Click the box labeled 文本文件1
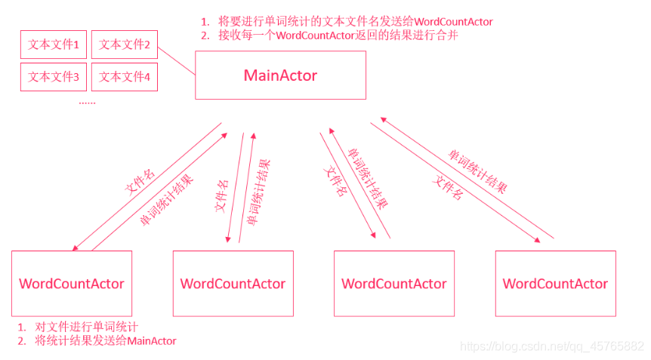pos(54,45)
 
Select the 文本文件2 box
pos(125,45)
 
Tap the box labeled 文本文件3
pos(54,76)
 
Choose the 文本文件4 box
pos(125,76)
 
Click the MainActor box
pos(280,75)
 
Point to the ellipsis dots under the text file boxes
pos(88,102)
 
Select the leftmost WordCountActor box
pos(72,284)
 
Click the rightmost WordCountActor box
pos(555,284)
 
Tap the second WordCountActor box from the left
pos(233,284)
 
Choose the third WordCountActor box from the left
pos(393,284)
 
